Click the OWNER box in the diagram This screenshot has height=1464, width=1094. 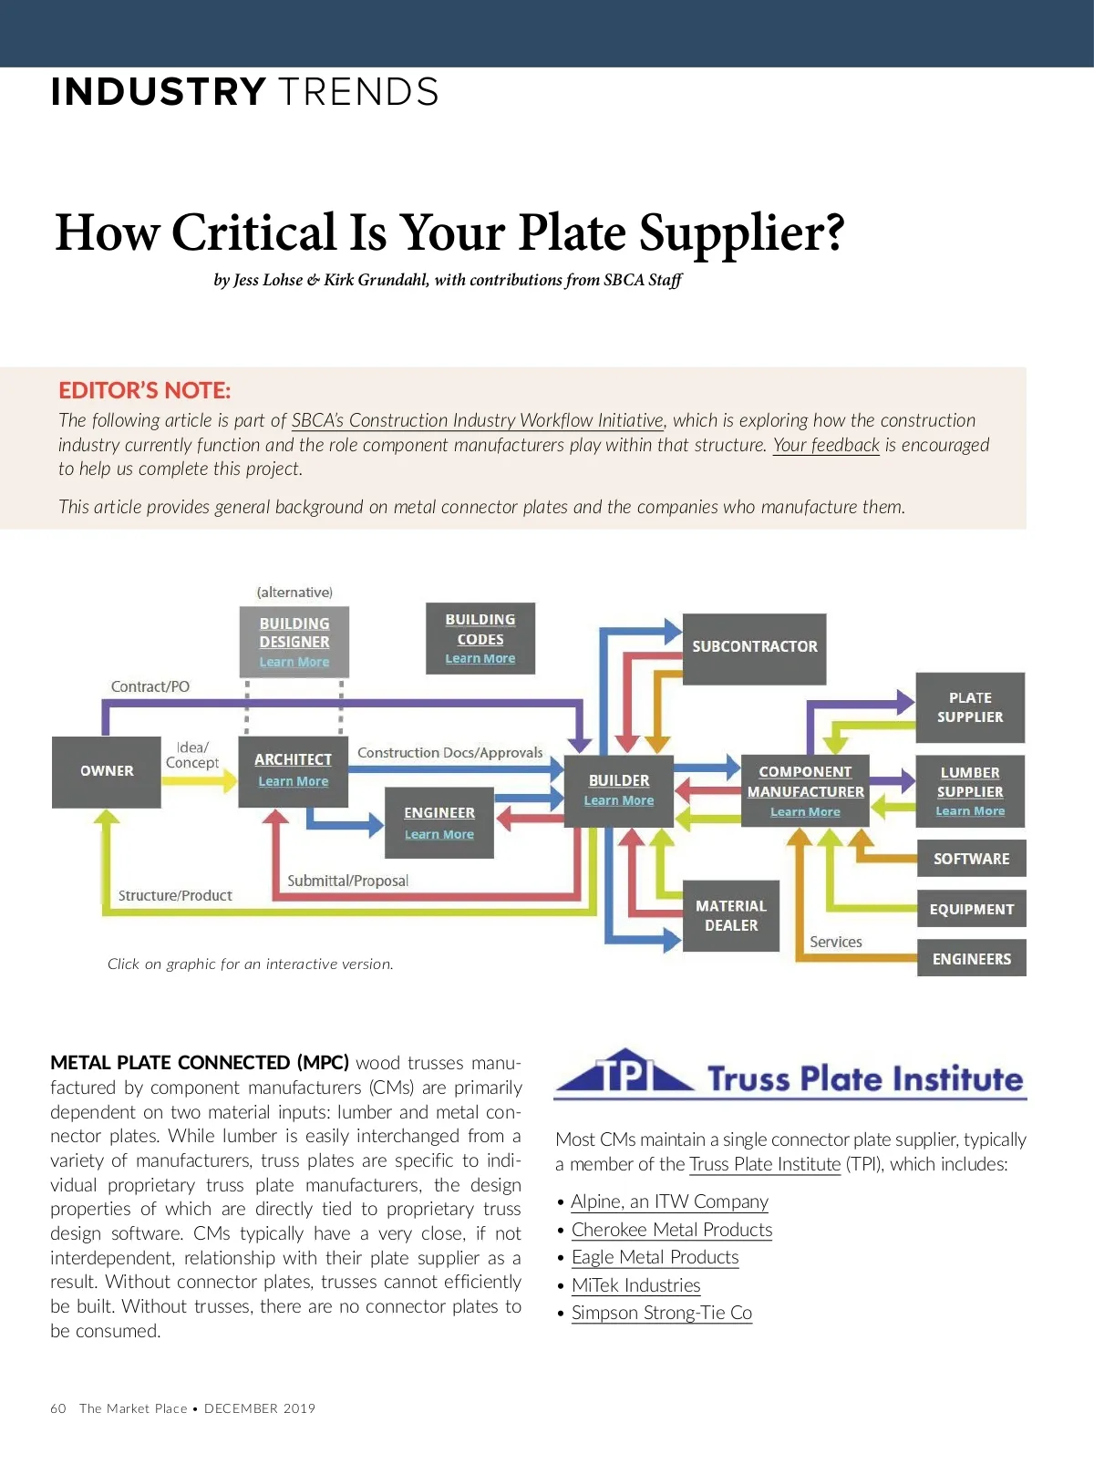(x=107, y=771)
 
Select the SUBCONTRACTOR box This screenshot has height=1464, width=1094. (x=754, y=647)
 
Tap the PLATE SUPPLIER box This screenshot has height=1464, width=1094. (x=970, y=707)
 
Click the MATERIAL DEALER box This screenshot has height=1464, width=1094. (x=730, y=915)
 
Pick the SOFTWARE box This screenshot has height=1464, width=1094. (x=971, y=859)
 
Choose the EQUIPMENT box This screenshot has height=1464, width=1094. (x=971, y=909)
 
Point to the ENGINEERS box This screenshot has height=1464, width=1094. (x=971, y=959)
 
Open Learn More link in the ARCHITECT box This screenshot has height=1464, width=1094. (x=293, y=781)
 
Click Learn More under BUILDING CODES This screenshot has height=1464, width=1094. (x=480, y=658)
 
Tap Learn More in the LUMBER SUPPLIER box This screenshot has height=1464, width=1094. (x=970, y=811)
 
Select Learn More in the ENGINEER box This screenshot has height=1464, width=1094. (x=439, y=834)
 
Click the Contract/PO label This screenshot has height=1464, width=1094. (x=150, y=686)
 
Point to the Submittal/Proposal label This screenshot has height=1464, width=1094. (x=347, y=881)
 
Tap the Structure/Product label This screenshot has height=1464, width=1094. (x=175, y=895)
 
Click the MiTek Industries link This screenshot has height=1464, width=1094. (x=635, y=1285)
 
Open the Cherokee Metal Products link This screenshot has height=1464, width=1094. (x=672, y=1230)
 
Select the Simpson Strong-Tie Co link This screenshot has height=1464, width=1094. (x=661, y=1313)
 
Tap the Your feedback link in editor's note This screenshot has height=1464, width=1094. (x=826, y=445)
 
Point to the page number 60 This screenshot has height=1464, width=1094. (x=58, y=1408)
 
